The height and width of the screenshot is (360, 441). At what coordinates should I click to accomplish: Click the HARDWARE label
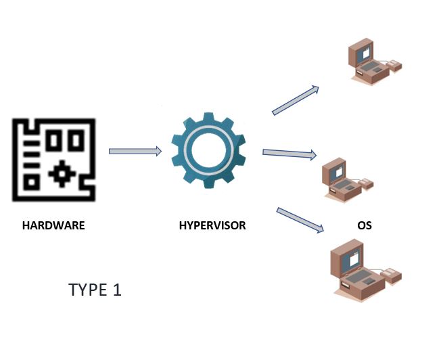pos(53,225)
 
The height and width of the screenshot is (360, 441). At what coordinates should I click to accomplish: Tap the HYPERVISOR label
pos(212,225)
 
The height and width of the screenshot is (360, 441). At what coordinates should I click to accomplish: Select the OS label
pos(365,225)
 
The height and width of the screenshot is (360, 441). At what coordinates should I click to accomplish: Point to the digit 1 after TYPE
pos(118,290)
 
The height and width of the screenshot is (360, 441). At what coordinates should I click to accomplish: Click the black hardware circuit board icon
pos(53,160)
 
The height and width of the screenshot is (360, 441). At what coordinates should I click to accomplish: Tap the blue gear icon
pos(208,150)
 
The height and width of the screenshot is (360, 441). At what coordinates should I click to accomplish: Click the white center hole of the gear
pos(208,151)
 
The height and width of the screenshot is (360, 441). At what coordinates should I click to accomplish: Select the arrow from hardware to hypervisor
pos(135,151)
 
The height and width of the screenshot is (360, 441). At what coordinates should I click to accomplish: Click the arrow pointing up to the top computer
pos(296,100)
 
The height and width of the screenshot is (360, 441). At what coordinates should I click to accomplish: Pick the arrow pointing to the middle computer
pos(289,154)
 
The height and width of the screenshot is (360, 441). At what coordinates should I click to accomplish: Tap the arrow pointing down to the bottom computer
pos(300,220)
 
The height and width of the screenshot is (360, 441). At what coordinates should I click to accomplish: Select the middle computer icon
pos(348,179)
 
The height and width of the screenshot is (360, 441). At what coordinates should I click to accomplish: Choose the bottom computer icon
pos(366,269)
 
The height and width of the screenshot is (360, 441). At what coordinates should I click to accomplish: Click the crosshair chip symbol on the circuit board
pos(62,174)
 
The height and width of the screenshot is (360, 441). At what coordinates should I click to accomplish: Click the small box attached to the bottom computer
pos(391,275)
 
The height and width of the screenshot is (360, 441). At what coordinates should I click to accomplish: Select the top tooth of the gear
pos(208,117)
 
